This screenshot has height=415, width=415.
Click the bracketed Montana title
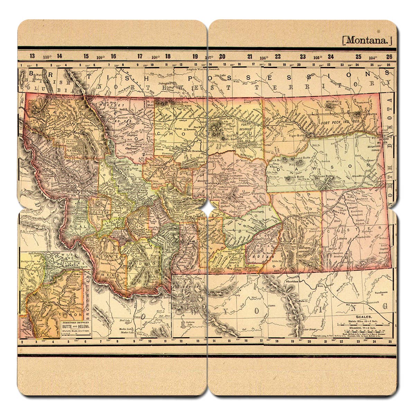[367, 40]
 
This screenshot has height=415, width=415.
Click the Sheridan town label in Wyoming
[292, 282]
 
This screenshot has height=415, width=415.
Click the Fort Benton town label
[192, 151]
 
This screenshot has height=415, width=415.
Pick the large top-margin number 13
[32, 56]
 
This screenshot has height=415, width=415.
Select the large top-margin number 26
[389, 56]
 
